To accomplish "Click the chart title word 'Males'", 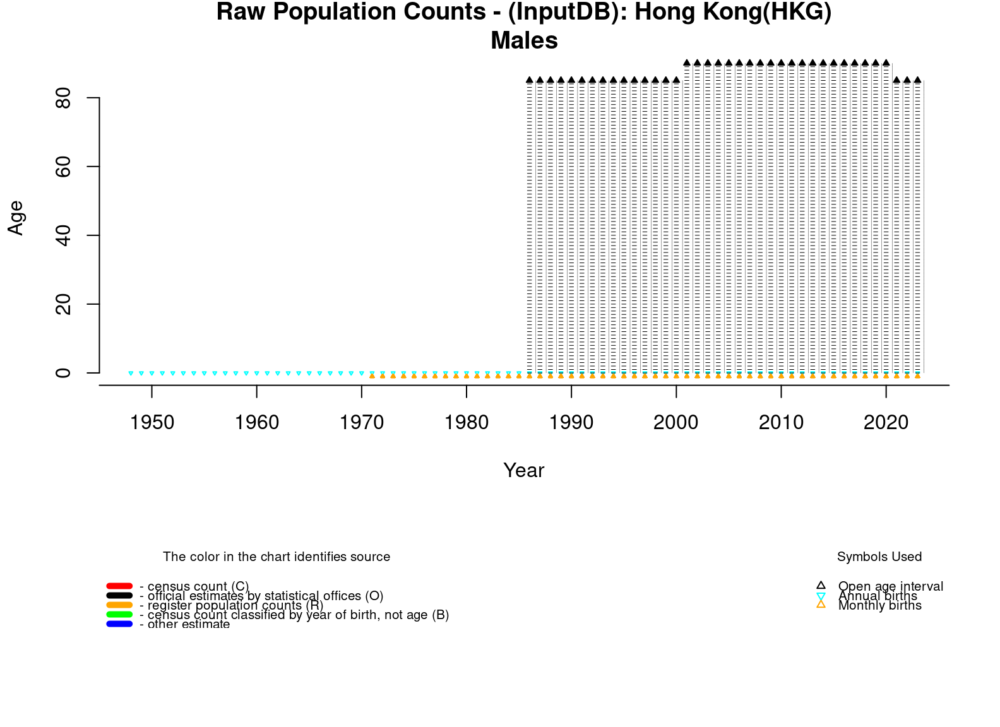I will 524,41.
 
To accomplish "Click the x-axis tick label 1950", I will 152,422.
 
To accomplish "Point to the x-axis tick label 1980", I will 467,422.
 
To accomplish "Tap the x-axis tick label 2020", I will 886,422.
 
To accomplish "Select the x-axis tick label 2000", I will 676,422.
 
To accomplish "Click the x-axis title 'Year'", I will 524,470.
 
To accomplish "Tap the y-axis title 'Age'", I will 16,218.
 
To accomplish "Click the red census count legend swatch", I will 119,586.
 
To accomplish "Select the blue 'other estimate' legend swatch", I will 119,624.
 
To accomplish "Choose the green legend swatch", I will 119,615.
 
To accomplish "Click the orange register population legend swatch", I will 119,605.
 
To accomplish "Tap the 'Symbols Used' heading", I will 879,557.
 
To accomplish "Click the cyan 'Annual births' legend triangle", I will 821,596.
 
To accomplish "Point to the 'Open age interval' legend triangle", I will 821,586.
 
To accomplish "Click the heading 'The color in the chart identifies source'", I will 277,557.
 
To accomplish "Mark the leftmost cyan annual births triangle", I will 131,374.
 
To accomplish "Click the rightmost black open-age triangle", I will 917,80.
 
